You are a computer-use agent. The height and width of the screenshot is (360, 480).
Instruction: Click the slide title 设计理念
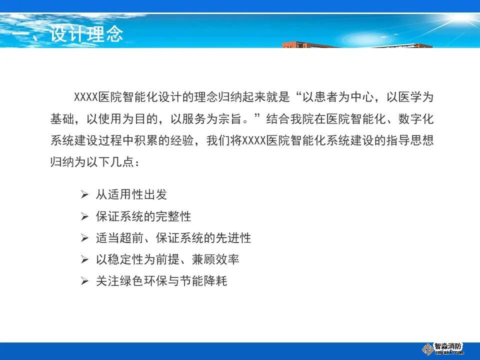point(86,33)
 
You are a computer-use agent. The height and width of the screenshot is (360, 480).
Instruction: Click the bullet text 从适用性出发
point(131,194)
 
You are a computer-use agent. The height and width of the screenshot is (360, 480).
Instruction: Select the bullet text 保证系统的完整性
point(143,216)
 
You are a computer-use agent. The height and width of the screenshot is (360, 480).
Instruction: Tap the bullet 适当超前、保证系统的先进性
point(173,238)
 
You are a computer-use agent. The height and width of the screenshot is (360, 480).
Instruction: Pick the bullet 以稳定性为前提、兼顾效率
point(167,259)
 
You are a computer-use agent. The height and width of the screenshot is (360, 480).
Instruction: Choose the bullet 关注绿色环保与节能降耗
point(161,280)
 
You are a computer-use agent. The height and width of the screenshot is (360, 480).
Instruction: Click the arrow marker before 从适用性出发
point(84,194)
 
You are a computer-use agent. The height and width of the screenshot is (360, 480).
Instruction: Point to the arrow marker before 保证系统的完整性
point(84,216)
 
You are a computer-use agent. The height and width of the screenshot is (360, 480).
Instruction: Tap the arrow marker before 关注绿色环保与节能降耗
point(84,281)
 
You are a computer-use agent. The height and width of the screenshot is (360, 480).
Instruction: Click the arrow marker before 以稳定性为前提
point(84,259)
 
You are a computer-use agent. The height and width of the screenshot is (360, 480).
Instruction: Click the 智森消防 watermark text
point(448,346)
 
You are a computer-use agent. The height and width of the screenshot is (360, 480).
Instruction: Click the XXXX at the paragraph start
point(86,97)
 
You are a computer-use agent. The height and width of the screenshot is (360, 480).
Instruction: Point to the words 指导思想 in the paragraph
point(410,140)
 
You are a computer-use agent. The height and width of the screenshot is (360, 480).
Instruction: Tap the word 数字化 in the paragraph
point(416,119)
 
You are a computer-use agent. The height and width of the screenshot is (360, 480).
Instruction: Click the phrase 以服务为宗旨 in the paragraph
point(206,119)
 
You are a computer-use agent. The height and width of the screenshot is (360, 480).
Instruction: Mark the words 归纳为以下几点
point(92,162)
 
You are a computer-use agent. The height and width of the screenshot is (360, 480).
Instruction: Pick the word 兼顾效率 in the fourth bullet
point(215,259)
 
